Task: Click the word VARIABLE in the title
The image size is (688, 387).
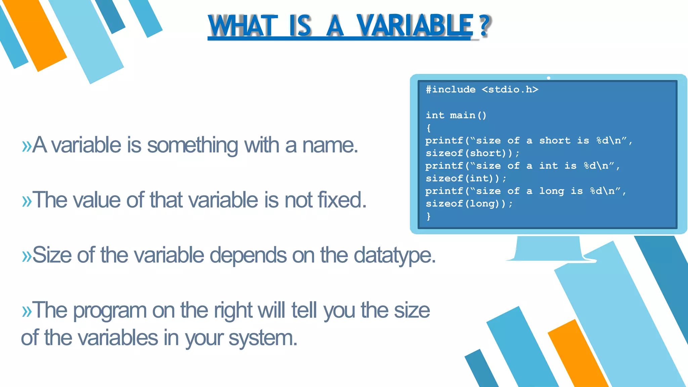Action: pyautogui.click(x=415, y=26)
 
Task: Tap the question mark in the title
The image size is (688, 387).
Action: pyautogui.click(x=484, y=26)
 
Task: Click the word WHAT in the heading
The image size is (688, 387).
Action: pyautogui.click(x=243, y=26)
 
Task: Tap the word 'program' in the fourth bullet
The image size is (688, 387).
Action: pyautogui.click(x=110, y=311)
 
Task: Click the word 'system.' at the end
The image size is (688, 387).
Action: pyautogui.click(x=263, y=338)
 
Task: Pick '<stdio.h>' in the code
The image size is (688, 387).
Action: pyautogui.click(x=510, y=90)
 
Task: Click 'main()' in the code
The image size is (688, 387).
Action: pyautogui.click(x=468, y=116)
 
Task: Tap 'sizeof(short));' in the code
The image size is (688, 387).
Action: pyautogui.click(x=472, y=154)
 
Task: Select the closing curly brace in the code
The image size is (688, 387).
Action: pyautogui.click(x=428, y=216)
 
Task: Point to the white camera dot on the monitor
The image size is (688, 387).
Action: pyautogui.click(x=549, y=78)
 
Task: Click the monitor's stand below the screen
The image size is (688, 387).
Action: pyautogui.click(x=548, y=249)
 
